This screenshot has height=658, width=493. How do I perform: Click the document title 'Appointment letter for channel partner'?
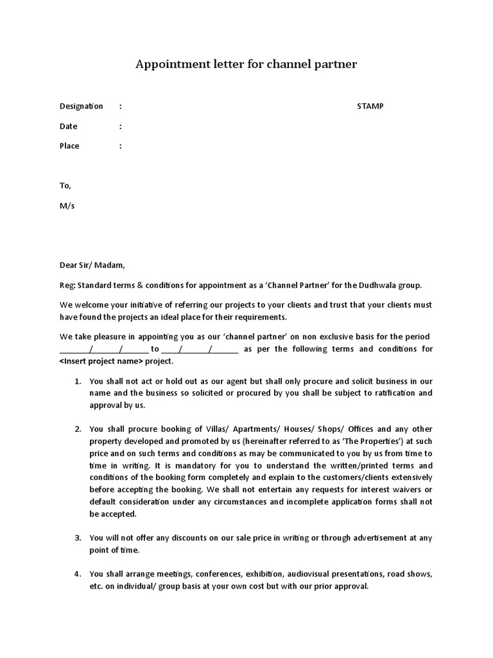point(246,64)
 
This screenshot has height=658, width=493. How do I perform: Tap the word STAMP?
point(370,106)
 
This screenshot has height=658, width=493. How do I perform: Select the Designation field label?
point(81,106)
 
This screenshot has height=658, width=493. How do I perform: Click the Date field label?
point(68,127)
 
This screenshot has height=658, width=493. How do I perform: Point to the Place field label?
point(69,146)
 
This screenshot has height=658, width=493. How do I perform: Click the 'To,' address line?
point(65,186)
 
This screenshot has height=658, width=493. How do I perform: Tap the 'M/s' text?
point(67,206)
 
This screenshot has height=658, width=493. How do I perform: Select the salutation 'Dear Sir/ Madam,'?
point(92,265)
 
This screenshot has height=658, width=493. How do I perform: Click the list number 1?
point(77,381)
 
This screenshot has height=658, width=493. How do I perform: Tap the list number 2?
point(77,429)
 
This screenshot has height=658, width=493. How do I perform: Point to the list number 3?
point(77,538)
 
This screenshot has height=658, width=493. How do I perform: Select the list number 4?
point(77,574)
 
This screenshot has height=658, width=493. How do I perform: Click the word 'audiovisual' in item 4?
point(309,574)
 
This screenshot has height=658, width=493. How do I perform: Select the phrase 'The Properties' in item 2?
point(372,441)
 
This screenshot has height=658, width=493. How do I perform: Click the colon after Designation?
point(121,106)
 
